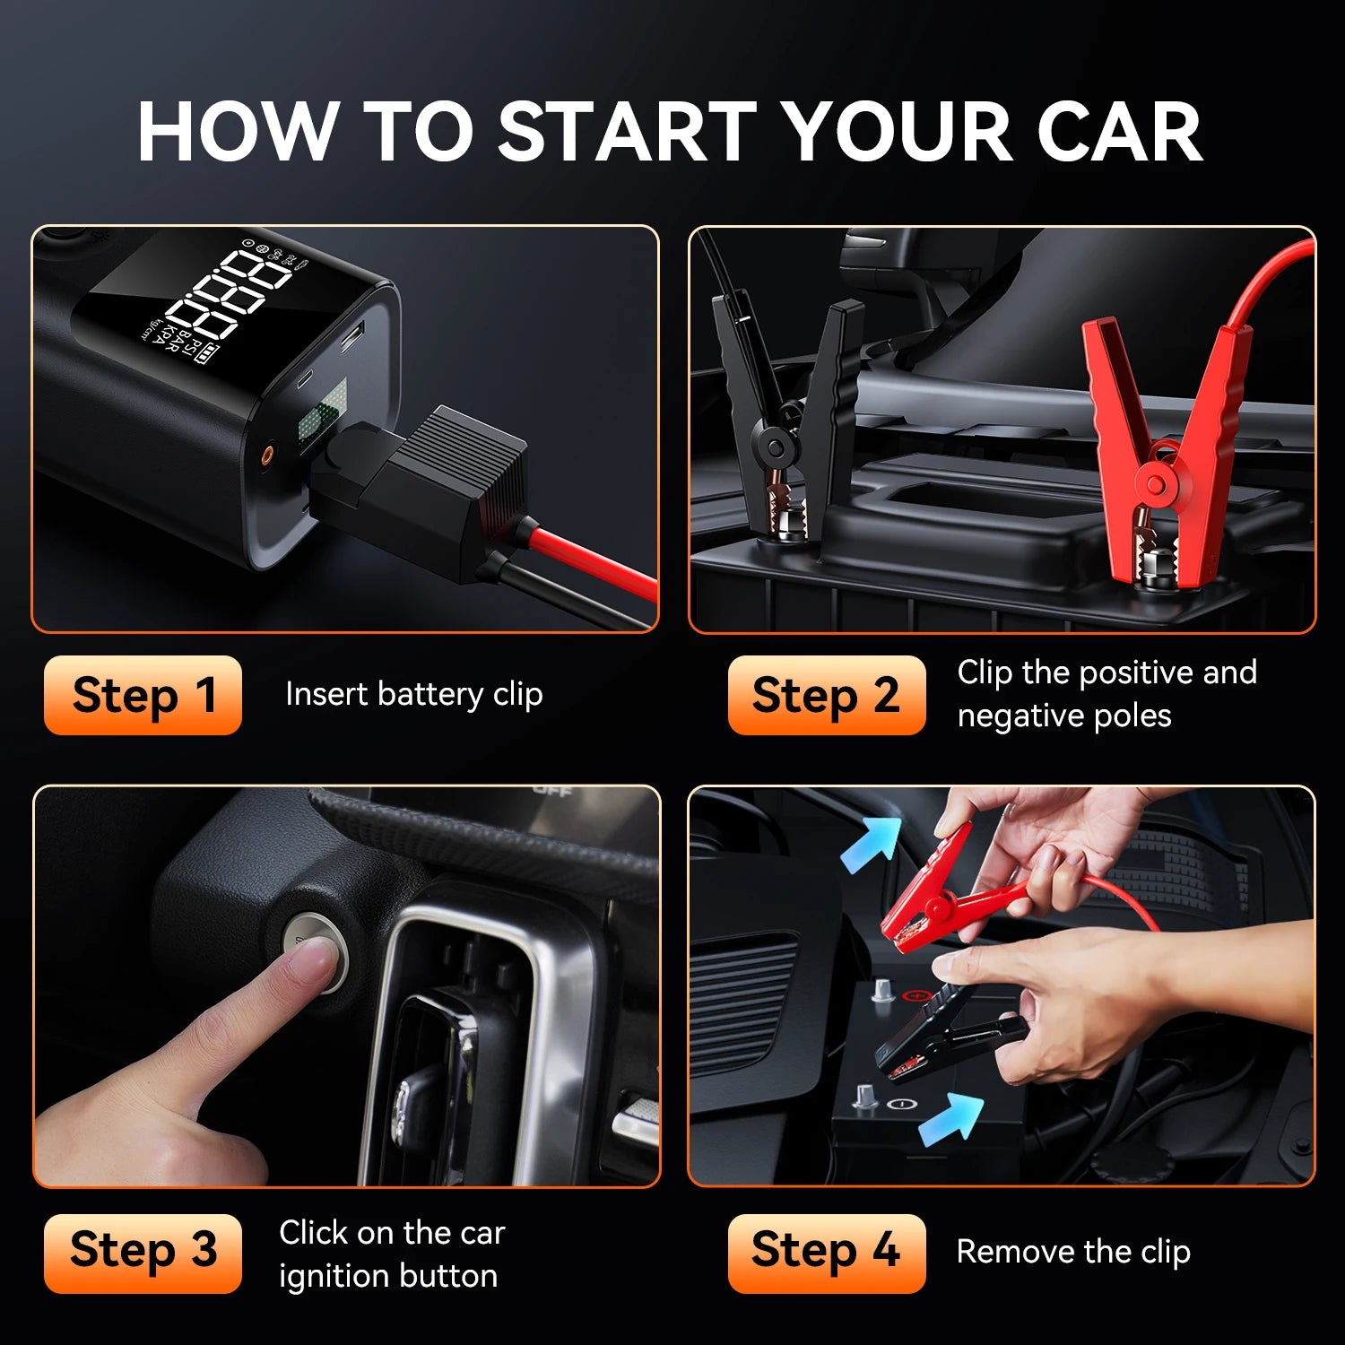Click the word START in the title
[627, 132]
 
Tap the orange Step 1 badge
[143, 696]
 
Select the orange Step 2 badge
[826, 696]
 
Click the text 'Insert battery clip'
[413, 695]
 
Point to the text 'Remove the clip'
[1073, 1252]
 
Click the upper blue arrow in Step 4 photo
[872, 844]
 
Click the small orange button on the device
[266, 456]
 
